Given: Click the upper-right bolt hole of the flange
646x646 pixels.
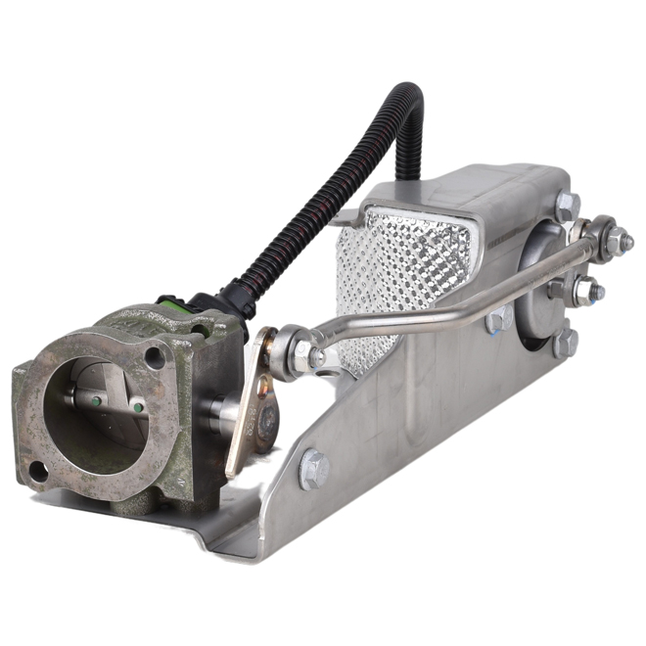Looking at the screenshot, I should pyautogui.click(x=156, y=359).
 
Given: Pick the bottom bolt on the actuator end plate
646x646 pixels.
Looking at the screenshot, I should pyautogui.click(x=564, y=342).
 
